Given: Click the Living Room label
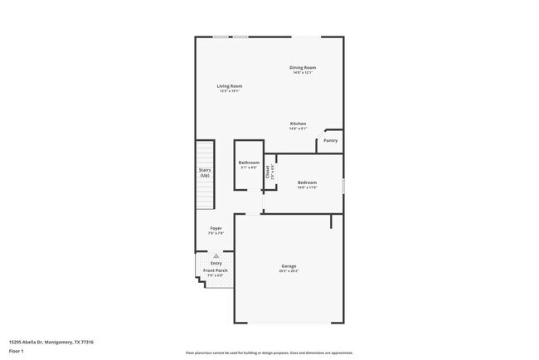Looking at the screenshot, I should pos(230,85).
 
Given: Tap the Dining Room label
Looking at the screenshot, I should pos(303,67).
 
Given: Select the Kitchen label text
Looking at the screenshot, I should pos(298,124).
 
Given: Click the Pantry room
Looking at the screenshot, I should pos(330,141).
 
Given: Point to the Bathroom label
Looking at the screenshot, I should pos(249,163).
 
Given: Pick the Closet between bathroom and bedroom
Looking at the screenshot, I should pos(269,173).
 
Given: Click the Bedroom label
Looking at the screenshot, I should pos(308,182).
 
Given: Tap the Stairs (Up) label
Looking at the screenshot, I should pos(204,173).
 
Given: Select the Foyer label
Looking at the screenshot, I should pos(216,228).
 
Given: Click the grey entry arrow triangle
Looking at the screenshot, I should pos(216,256).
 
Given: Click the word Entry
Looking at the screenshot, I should pos(216,264).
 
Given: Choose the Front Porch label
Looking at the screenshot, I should pos(216,270).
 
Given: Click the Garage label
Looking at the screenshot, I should pos(288,266).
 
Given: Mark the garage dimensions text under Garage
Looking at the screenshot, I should pos(288,271).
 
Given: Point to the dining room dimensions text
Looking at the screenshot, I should pos(303,72).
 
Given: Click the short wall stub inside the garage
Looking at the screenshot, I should pos(331,221).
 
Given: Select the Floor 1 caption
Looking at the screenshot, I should pos(17,352).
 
